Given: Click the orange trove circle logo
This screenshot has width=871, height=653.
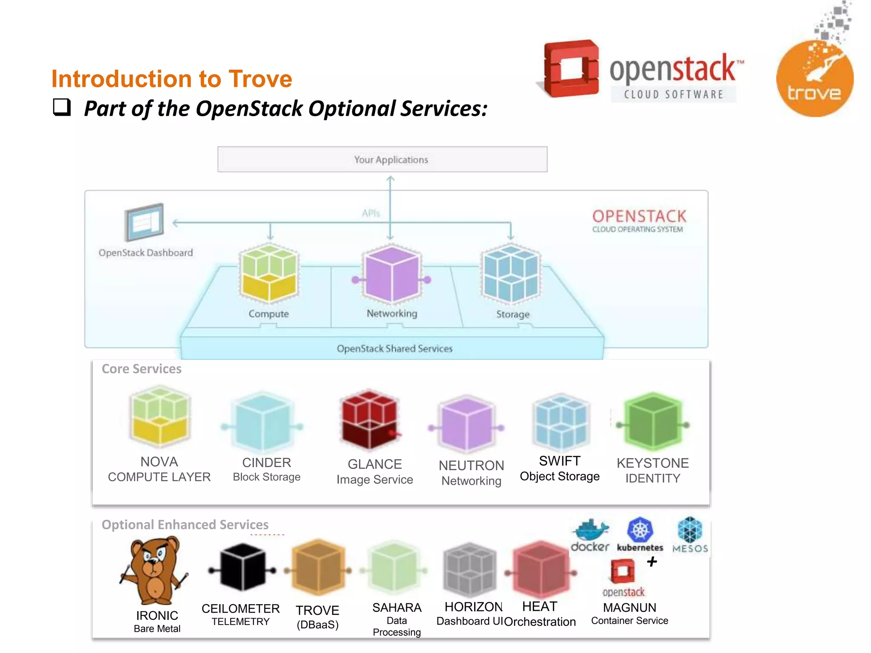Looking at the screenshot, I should (814, 79).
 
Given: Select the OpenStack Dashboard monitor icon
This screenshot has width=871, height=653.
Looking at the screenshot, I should (145, 222).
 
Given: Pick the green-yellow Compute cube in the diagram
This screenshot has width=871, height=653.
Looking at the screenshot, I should (269, 273).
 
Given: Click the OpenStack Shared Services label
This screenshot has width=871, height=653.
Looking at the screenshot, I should (394, 349).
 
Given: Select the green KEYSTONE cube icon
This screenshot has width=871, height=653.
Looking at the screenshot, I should (652, 422).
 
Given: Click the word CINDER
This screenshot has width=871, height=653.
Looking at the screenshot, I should (266, 463).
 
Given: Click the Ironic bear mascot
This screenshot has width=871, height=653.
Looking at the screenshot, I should (155, 570).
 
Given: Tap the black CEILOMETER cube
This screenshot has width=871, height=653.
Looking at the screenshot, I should (242, 568).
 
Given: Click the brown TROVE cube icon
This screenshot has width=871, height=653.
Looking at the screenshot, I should (318, 568).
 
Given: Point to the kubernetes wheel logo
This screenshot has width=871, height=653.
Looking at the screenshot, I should (640, 530).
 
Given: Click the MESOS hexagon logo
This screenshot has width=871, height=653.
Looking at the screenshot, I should (690, 530).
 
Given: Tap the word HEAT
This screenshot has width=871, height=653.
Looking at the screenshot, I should (539, 606).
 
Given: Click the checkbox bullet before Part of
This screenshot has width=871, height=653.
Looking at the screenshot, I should (62, 107).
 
